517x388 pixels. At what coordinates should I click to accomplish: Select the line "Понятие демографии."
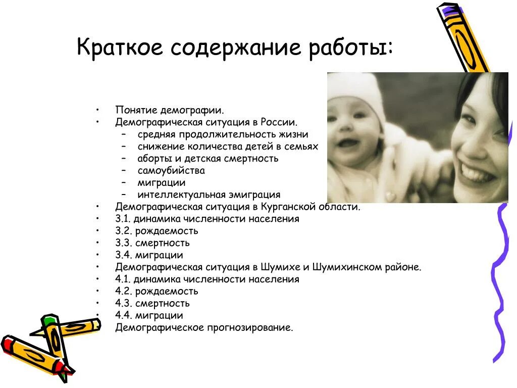[x=170, y=110]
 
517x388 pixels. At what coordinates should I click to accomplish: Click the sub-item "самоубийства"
[x=171, y=171]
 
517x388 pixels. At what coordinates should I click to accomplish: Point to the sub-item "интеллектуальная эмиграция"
[x=209, y=195]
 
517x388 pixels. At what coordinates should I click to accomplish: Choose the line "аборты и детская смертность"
[x=208, y=158]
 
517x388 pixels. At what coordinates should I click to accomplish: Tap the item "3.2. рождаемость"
[x=157, y=231]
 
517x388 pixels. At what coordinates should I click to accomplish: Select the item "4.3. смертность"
[x=152, y=303]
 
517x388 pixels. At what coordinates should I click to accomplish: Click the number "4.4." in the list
[x=124, y=315]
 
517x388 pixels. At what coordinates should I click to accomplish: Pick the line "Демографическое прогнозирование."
[x=204, y=327]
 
